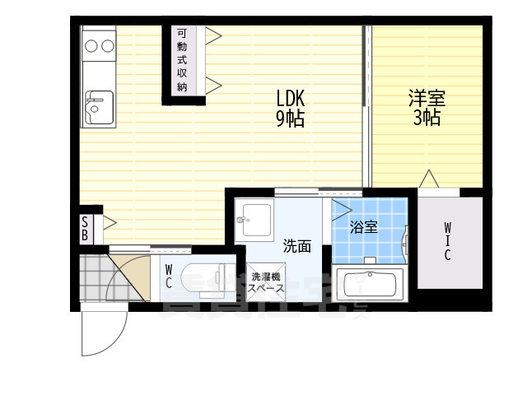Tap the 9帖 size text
tap(290, 119)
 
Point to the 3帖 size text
tap(427, 118)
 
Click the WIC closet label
tap(447, 241)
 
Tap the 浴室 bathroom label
tap(363, 226)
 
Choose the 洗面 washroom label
tap(296, 245)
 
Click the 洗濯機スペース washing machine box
tap(268, 282)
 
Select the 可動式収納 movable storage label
tap(182, 58)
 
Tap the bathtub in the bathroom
tap(368, 286)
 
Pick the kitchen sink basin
tap(98, 105)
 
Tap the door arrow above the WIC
tap(427, 178)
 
